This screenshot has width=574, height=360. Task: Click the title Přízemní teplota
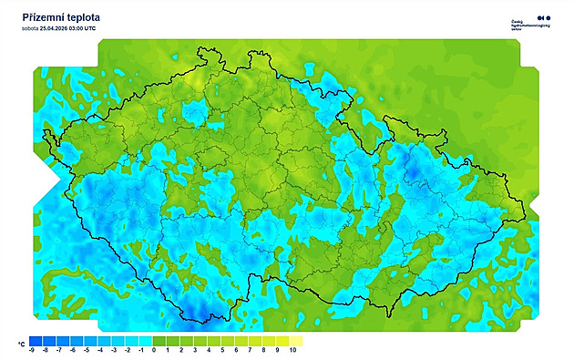61,17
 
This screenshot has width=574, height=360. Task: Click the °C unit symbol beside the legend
20,345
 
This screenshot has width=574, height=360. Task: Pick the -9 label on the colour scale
32,350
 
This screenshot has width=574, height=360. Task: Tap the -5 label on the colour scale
87,350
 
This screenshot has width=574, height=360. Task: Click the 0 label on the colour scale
155,350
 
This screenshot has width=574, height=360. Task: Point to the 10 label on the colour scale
292,350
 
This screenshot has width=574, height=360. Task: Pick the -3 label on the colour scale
114,350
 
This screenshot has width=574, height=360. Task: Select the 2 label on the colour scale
182,350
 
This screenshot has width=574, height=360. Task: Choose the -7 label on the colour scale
59,350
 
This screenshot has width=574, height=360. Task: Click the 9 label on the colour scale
278,350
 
